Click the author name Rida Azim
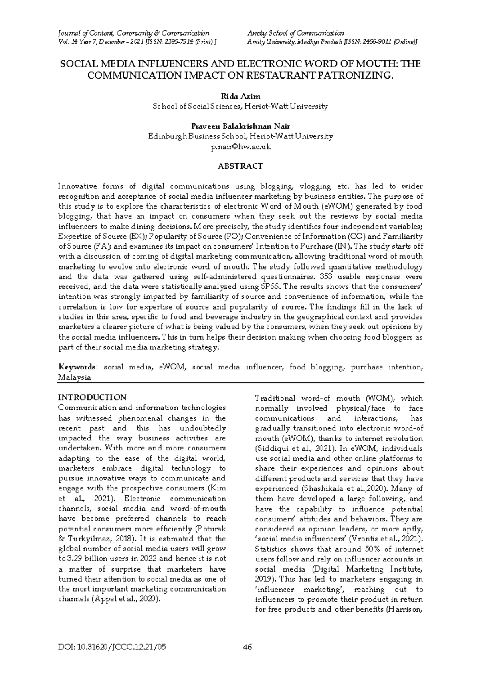tap(240, 96)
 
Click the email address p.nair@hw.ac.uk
tap(240, 147)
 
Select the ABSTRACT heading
tap(240, 166)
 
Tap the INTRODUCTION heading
tap(92, 397)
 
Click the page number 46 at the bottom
tap(247, 647)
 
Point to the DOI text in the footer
tap(112, 647)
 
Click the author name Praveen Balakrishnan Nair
tap(240, 126)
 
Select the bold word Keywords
tap(77, 367)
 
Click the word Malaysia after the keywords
tap(75, 377)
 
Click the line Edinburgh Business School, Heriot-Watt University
tap(240, 136)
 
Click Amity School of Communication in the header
tap(295, 33)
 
